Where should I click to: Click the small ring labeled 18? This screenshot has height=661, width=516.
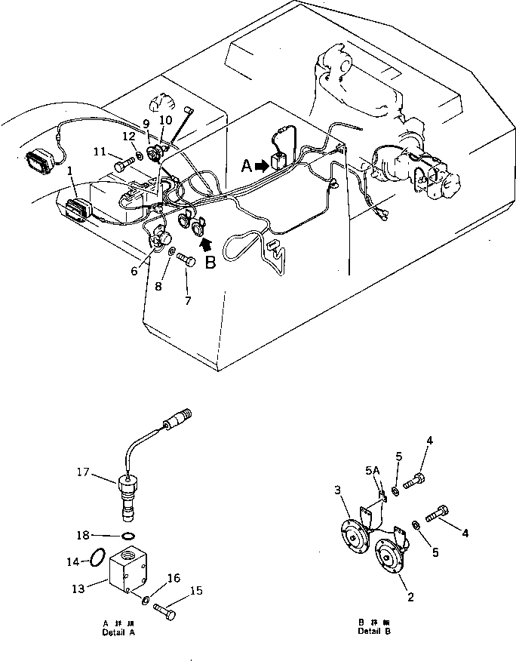pos(129,536)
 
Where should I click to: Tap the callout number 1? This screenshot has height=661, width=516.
pos(69,171)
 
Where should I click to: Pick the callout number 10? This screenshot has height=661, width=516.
pos(166,120)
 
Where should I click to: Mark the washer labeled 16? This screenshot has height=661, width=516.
pos(143,598)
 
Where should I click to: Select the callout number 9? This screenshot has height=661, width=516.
pos(146,121)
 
